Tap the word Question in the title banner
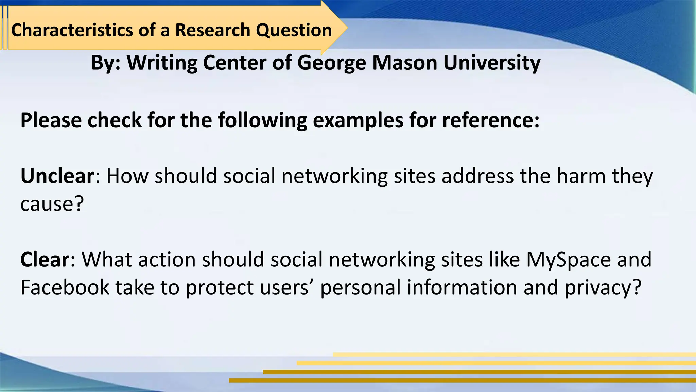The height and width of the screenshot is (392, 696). click(294, 30)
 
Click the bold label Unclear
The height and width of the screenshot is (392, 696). click(57, 176)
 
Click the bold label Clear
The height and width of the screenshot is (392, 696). click(45, 260)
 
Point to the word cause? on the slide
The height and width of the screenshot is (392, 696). click(52, 204)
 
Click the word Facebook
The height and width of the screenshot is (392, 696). click(65, 288)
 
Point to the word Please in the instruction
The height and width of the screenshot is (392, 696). click(51, 120)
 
